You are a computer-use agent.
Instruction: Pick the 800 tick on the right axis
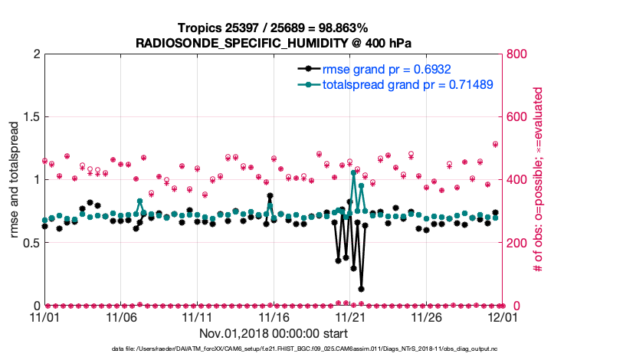518,54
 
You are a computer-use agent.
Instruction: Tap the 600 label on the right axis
518,117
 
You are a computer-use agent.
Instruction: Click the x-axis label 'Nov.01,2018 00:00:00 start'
274,334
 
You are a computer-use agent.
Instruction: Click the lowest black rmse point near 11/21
361,289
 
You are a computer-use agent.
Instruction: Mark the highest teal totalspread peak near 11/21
353,173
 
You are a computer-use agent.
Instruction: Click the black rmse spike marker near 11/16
270,196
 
